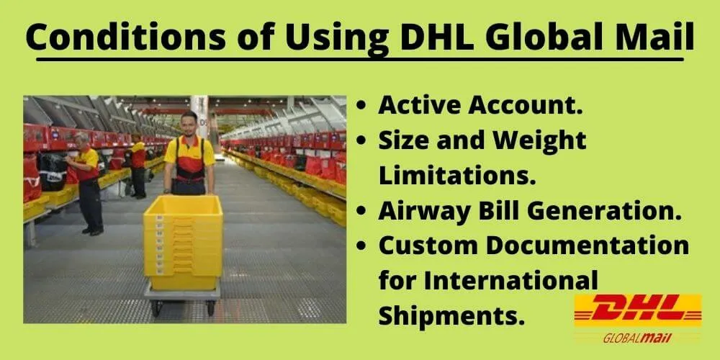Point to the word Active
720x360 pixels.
pyautogui.click(x=420, y=106)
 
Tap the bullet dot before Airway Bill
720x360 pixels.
pyautogui.click(x=363, y=211)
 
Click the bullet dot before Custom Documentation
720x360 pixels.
pyautogui.click(x=363, y=246)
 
